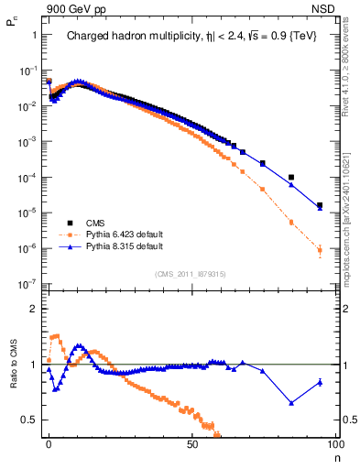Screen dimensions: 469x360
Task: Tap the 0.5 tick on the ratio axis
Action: click(x=31, y=420)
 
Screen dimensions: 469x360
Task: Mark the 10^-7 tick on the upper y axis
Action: click(x=29, y=284)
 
